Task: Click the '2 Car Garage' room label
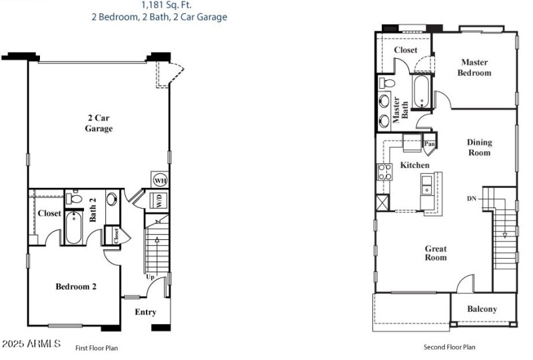pos(98,123)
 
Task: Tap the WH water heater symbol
pos(160,180)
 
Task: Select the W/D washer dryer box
pos(160,200)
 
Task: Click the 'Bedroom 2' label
pos(76,287)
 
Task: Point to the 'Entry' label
pos(145,312)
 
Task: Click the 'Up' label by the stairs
pos(151,277)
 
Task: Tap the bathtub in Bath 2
pos(74,228)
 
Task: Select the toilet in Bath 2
pos(75,198)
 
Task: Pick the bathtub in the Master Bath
pos(422,92)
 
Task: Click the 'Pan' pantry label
pos(430,143)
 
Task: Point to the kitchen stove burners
pos(385,173)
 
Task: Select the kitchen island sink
pos(427,185)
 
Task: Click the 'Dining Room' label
pos(478,147)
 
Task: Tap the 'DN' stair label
pos(471,199)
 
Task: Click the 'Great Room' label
pos(436,253)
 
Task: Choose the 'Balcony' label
pos(482,309)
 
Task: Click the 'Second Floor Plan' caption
pos(449,347)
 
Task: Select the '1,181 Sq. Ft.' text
pos(159,4)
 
